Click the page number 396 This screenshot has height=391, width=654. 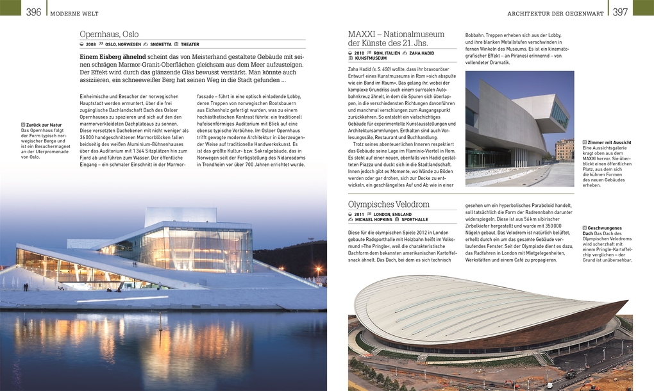coord(33,12)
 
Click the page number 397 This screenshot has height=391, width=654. coord(620,12)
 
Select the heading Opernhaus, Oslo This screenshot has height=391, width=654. coord(109,34)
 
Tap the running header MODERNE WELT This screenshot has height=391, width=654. coord(74,13)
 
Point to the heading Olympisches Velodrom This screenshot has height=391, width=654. coord(389,204)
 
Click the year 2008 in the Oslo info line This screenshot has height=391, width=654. coord(91,45)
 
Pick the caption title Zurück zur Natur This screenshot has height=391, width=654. coord(43,125)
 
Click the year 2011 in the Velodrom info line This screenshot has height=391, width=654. coord(359,214)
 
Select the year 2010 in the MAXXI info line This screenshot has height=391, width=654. coord(359,53)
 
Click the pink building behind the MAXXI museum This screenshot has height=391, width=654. coord(564,149)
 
